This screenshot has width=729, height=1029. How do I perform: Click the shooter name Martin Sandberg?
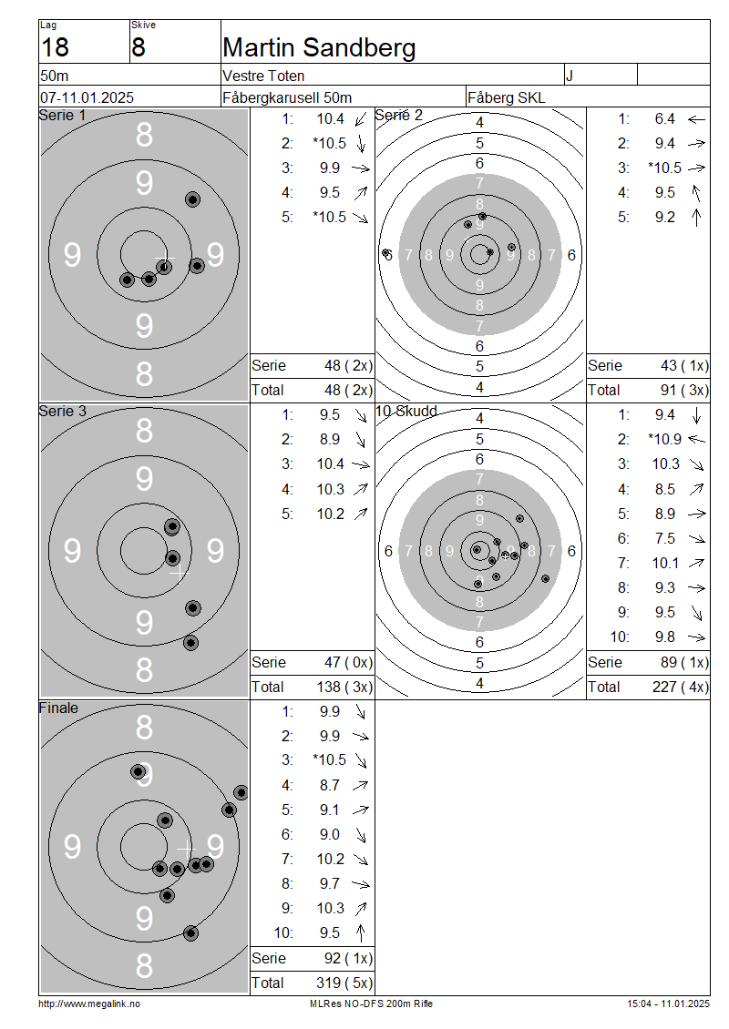[319, 48]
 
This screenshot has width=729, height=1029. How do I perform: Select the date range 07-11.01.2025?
[87, 97]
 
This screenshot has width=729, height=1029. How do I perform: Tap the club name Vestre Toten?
[263, 76]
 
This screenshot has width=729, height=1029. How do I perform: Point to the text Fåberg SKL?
[507, 97]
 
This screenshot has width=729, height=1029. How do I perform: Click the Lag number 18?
[55, 48]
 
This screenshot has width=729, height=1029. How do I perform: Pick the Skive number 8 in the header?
[138, 48]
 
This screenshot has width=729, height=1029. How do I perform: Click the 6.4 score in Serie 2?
[664, 118]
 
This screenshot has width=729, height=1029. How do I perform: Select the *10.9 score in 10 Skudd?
[664, 439]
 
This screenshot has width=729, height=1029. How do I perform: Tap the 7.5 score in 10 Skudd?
[664, 538]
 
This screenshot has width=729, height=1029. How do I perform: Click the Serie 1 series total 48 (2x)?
[348, 365]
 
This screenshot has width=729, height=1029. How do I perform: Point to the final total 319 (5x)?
[344, 983]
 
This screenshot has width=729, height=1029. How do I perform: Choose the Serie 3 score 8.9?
[330, 439]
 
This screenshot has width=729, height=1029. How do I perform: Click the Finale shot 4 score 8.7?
[330, 785]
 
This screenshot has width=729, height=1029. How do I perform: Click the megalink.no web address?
[89, 1004]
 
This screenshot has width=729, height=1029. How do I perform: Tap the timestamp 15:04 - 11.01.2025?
[668, 1004]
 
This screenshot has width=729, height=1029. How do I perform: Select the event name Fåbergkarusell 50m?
[287, 97]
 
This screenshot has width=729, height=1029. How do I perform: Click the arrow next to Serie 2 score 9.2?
[696, 218]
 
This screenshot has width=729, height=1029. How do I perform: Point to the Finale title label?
[58, 708]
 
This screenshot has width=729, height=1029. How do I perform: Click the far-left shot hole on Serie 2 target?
[386, 252]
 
